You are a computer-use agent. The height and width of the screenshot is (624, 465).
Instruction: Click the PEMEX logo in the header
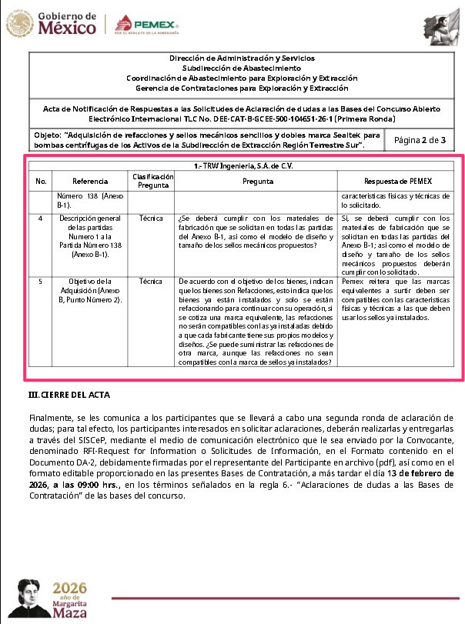point(146,25)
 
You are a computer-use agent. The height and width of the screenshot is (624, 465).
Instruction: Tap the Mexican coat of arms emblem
point(16,24)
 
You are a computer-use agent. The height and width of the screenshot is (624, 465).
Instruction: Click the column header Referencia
point(89,181)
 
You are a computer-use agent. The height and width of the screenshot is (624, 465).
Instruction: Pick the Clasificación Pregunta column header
point(152,181)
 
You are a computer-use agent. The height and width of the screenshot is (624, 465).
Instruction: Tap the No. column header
point(42,181)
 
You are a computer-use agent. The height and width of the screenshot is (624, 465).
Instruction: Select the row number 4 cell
point(42,219)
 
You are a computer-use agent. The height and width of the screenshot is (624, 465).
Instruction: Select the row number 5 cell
point(42,281)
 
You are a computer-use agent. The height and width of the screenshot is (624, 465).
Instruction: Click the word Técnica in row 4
point(151,219)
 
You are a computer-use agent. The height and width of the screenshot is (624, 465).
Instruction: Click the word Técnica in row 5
point(151,281)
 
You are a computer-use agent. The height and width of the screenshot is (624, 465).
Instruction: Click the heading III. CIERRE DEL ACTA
point(69,395)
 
